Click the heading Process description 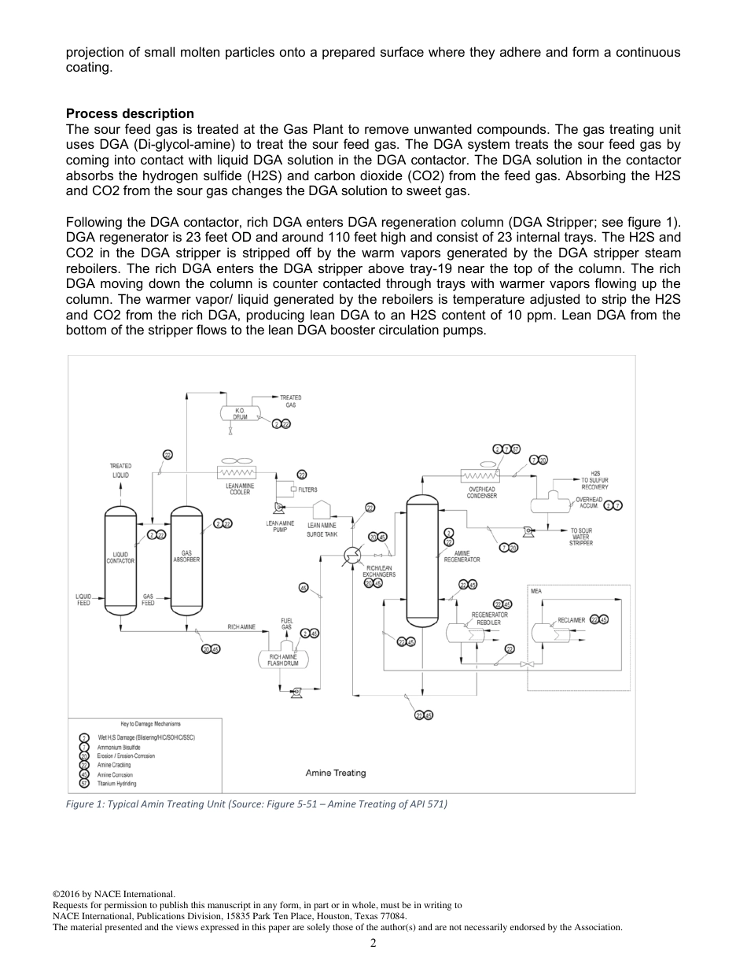click(130, 113)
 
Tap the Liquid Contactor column click(120, 559)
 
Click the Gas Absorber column click(186, 559)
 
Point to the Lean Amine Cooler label click(239, 489)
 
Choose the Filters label click(307, 490)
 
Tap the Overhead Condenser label click(481, 493)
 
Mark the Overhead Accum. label click(589, 503)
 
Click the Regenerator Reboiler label click(489, 618)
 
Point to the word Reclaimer click(571, 620)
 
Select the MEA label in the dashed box click(535, 590)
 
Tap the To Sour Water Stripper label click(581, 537)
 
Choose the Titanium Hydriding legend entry click(116, 784)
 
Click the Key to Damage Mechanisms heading click(145, 723)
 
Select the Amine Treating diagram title click(335, 773)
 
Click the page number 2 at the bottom click(373, 943)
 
